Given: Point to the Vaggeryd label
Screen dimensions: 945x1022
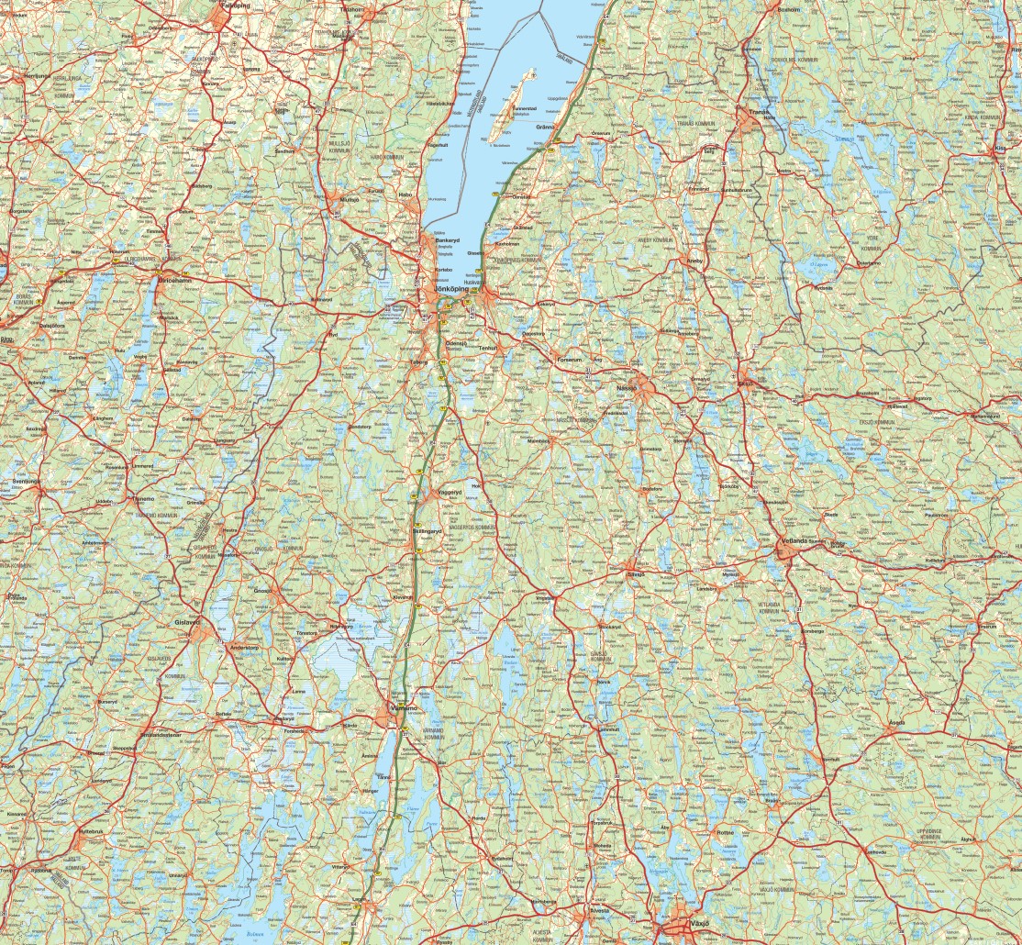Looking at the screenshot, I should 448,492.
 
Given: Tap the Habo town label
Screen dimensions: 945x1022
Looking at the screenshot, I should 406,195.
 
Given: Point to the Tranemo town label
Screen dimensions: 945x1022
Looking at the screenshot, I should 142,499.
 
